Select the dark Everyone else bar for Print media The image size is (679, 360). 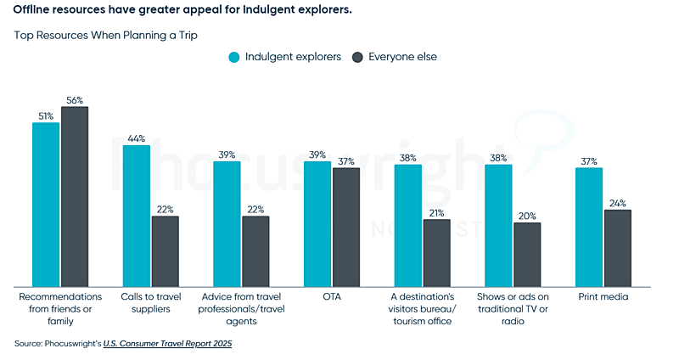click(x=618, y=247)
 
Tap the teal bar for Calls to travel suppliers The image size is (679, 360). click(x=137, y=216)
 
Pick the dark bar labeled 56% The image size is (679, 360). click(x=75, y=196)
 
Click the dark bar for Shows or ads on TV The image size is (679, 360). click(x=527, y=254)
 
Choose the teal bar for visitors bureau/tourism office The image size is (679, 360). click(x=407, y=225)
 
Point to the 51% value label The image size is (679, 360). click(x=46, y=115)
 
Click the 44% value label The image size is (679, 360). click(x=137, y=138)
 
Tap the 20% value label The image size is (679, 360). click(x=527, y=216)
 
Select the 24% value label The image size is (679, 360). click(x=618, y=203)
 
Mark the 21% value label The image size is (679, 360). click(x=437, y=212)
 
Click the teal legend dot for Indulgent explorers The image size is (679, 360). click(x=233, y=57)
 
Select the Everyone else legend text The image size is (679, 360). click(x=402, y=57)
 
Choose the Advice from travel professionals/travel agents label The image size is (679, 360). click(x=241, y=309)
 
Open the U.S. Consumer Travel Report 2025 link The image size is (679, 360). click(x=168, y=344)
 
